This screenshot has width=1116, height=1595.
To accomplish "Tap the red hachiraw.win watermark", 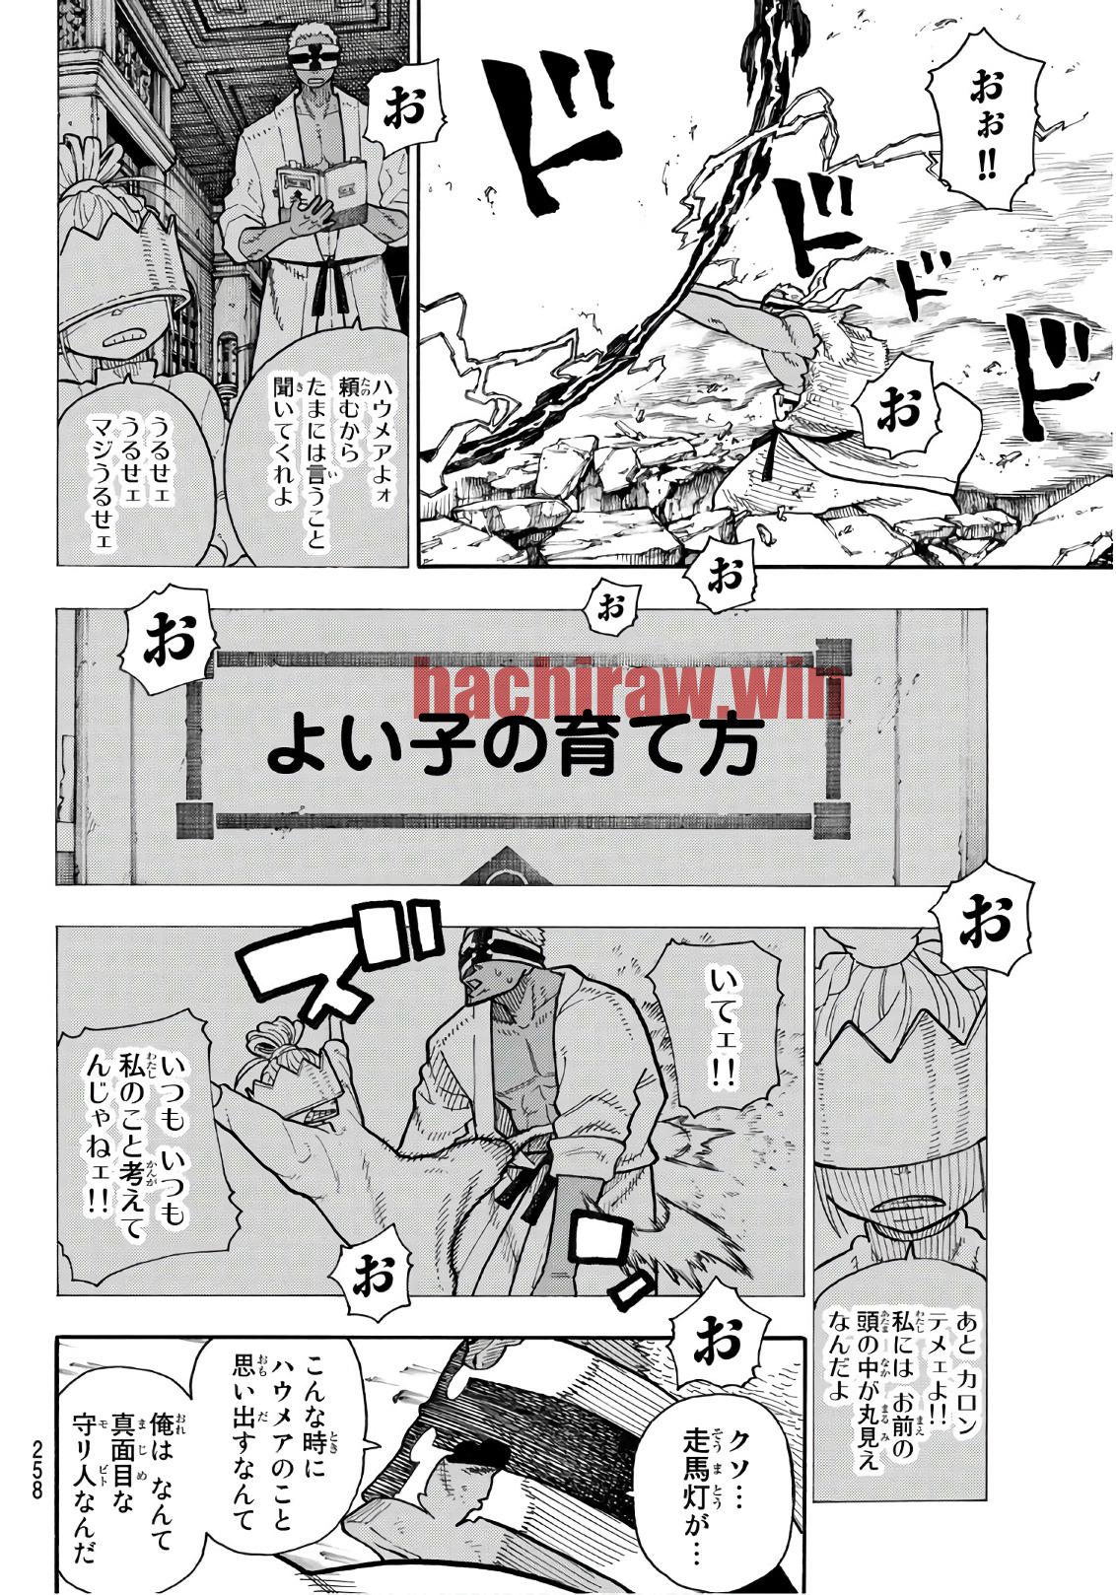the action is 629,688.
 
